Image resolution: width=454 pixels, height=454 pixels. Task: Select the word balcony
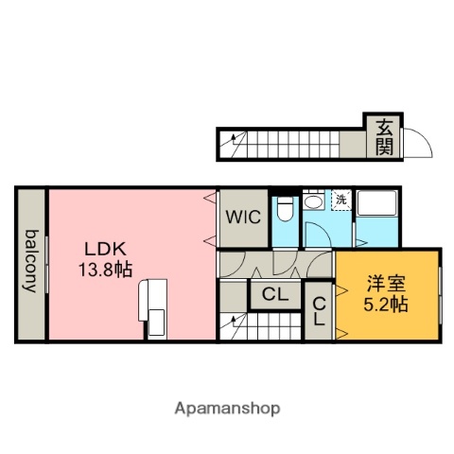coord(31,262)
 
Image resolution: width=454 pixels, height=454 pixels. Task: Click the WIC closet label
coord(242,216)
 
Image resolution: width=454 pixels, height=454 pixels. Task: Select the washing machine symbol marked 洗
coord(340,200)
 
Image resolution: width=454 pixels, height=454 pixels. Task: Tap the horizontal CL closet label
coord(274,295)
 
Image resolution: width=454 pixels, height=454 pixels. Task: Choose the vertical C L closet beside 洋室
coord(319,309)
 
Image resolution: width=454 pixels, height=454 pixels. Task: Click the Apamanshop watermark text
coord(227,409)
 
